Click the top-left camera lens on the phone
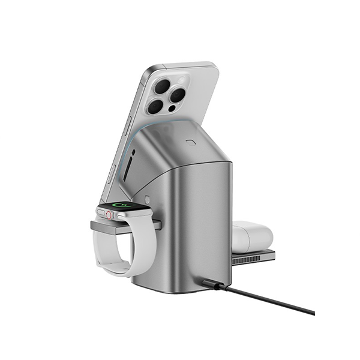point(162,86)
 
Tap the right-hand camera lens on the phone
point(176,94)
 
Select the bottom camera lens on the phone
point(155,107)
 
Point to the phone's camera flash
point(175,79)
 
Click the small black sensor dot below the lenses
point(172,109)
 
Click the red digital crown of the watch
point(109,214)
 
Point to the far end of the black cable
point(312,313)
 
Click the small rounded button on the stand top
point(191,143)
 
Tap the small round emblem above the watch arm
point(147,199)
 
